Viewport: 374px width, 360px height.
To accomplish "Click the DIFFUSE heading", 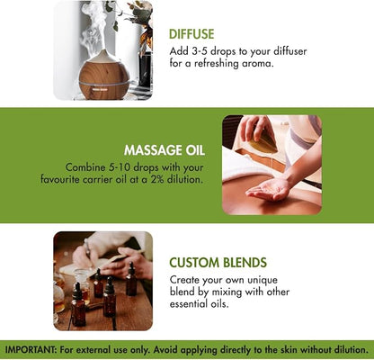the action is (x=191, y=34).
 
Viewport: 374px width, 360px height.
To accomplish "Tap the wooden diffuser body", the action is (x=104, y=78).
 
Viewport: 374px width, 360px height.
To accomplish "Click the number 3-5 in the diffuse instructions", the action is (x=199, y=51).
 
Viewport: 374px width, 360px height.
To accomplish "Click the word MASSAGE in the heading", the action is (x=152, y=150).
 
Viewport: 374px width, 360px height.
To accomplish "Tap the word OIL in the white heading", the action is (x=195, y=150).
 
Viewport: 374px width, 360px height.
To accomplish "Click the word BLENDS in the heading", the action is (x=245, y=263).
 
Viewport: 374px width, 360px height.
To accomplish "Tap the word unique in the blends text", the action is (x=263, y=280).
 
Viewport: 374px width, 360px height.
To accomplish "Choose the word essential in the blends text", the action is (x=187, y=304).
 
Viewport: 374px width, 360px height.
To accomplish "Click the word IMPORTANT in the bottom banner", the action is (x=31, y=350).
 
